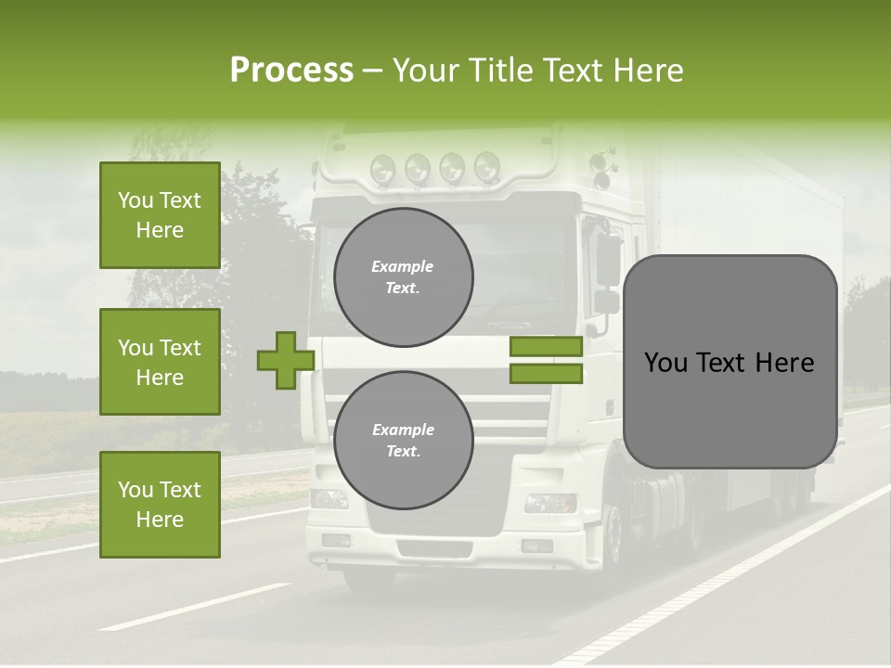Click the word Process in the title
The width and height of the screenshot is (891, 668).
291,71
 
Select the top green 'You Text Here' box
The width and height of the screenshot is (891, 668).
160,215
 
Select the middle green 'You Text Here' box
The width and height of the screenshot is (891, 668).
160,362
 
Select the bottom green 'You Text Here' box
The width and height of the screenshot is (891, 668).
160,504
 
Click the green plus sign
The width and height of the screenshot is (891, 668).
286,360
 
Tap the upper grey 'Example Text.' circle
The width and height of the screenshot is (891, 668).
404,277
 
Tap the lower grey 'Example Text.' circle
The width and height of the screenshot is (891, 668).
404,441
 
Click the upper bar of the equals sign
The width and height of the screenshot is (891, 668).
546,346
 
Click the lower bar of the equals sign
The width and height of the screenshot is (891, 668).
546,373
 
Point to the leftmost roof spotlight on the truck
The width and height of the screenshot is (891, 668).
382,169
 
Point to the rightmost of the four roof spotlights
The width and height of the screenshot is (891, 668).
486,167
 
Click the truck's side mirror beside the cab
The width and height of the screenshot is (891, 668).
608,260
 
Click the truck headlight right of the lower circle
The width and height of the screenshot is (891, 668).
549,503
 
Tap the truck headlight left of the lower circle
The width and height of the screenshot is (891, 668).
329,499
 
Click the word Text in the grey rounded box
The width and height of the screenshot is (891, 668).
729,363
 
